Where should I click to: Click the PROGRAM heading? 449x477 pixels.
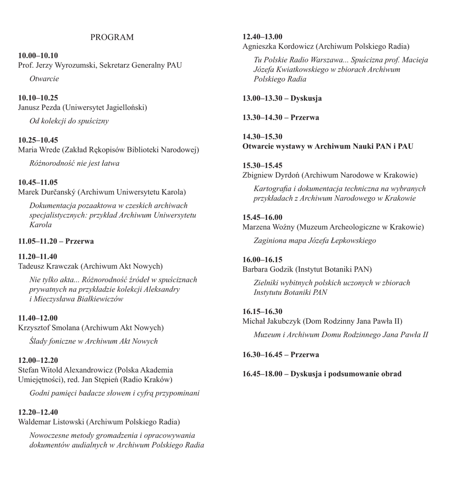click(112, 37)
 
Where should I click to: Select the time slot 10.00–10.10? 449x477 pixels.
click(38, 55)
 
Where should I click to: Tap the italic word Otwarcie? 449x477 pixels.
click(44, 79)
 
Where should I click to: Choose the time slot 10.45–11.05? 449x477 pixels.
click(38, 182)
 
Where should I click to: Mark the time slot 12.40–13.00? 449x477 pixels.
click(262, 36)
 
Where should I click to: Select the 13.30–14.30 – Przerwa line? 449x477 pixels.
click(281, 117)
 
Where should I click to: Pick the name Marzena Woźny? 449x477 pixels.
click(268, 227)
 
